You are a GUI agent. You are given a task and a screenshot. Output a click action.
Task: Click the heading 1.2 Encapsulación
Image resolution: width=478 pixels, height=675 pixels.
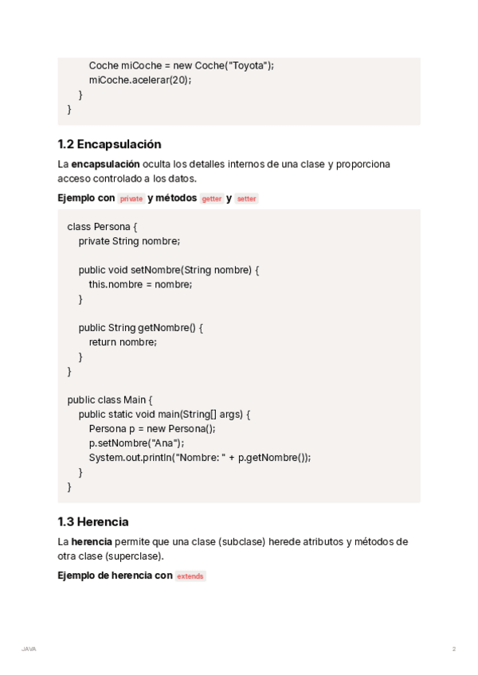[x=109, y=144]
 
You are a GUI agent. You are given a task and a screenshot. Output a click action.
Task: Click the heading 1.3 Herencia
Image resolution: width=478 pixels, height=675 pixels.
[x=92, y=521]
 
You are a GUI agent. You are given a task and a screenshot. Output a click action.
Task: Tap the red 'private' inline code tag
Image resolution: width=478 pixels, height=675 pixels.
[x=131, y=199]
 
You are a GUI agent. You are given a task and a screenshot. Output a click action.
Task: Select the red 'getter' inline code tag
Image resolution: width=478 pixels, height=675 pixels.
[x=212, y=199]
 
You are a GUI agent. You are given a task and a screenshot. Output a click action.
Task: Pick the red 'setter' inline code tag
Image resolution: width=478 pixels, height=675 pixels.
[x=247, y=199]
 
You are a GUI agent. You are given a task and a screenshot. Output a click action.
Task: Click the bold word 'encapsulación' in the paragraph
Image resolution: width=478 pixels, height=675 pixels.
[x=105, y=164]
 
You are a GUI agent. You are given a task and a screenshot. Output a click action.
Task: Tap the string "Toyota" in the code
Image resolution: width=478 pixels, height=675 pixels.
[x=248, y=65]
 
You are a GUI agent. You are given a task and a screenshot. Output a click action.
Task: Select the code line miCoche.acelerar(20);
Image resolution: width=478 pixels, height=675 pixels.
[x=140, y=80]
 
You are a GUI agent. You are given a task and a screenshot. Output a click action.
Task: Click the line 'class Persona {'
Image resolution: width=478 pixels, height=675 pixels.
[x=102, y=226]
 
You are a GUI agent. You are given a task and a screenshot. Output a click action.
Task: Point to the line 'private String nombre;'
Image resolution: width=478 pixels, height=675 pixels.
[x=129, y=240]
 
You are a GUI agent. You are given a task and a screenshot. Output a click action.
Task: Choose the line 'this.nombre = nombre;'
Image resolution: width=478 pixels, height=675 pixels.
[x=140, y=283]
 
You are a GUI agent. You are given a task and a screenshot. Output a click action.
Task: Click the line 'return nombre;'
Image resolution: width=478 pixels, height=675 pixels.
[x=123, y=341]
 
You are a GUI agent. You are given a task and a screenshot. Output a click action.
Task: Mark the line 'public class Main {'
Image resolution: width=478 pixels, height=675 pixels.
[x=109, y=400]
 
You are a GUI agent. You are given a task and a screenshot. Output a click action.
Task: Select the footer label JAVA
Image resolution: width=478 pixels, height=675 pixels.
[x=29, y=649]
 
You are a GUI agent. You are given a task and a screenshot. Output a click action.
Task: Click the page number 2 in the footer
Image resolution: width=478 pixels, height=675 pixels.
[x=454, y=649]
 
